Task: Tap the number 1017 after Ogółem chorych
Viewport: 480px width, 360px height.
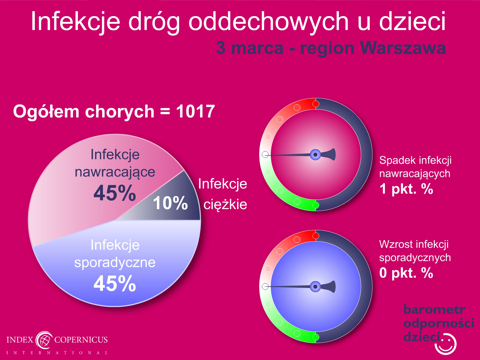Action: coord(195,111)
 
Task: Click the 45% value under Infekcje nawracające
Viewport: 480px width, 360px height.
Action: coord(115,193)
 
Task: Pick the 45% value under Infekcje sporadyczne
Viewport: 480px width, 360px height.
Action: coord(115,283)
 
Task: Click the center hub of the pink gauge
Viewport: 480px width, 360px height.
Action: coord(315,155)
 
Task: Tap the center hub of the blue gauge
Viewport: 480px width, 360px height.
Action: coord(315,287)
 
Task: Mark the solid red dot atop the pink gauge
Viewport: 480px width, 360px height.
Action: coord(316,104)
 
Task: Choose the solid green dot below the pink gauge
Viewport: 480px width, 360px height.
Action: coord(316,205)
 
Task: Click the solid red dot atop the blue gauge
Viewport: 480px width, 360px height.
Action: coord(316,236)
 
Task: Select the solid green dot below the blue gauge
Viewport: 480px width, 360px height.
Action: coord(316,337)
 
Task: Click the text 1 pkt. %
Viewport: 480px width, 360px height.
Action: coord(406,189)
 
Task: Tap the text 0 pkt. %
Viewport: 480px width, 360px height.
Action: coord(406,273)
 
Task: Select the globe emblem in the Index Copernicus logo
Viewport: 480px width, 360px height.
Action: coord(44,340)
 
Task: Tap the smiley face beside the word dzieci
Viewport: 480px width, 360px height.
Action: coord(445,343)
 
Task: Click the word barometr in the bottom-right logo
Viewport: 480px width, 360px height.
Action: coord(434,310)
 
